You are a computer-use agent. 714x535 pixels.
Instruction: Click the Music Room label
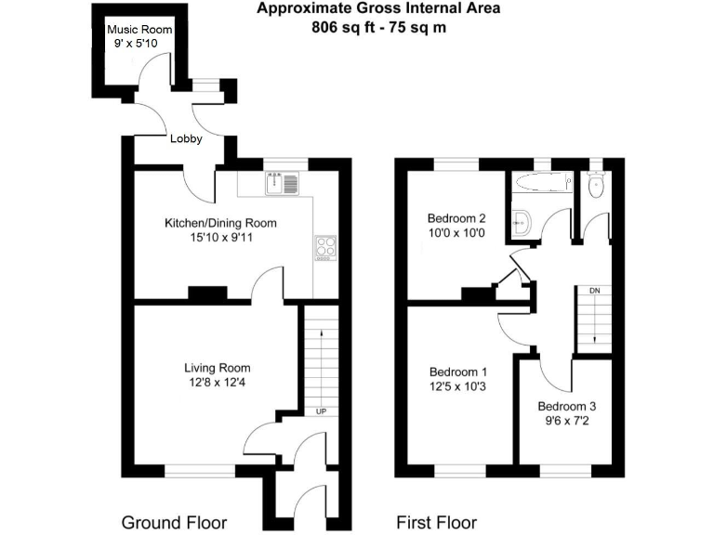click(132, 29)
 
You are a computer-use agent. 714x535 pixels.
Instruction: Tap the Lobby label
click(186, 140)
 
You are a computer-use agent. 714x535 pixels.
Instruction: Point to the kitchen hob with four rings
click(326, 248)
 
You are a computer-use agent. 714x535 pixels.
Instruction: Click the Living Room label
click(217, 368)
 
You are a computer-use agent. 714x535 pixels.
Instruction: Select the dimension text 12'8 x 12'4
click(217, 382)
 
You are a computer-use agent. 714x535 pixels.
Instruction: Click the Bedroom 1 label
click(451, 372)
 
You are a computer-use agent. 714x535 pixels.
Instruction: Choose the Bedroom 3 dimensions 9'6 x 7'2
click(566, 421)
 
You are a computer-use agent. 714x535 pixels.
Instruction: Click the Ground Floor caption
click(174, 522)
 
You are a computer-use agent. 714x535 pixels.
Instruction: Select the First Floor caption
click(436, 522)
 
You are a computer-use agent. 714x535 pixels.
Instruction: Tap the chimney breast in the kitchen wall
click(207, 294)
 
